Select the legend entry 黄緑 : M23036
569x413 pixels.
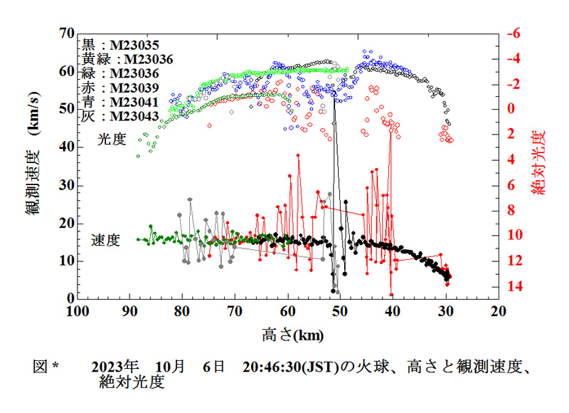[127, 59]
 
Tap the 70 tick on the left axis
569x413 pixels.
[67, 33]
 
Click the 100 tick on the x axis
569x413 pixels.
[78, 311]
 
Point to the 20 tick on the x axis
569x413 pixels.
[498, 311]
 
